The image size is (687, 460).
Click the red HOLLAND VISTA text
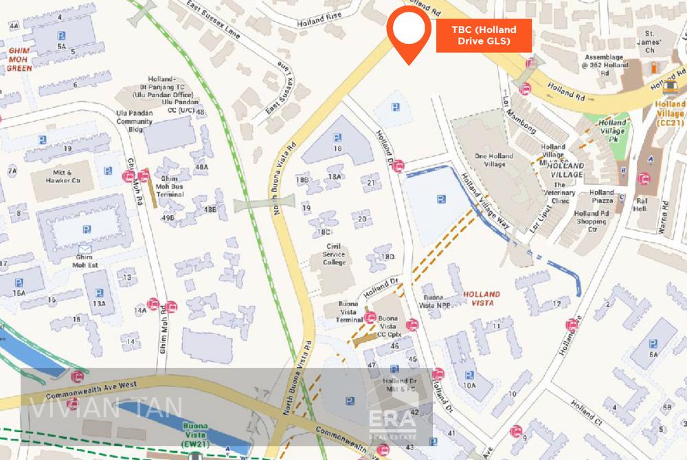(x=481, y=298)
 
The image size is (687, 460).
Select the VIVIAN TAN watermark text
(x=106, y=408)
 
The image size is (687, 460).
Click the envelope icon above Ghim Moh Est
(x=85, y=248)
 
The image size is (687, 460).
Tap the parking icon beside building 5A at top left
(x=61, y=35)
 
